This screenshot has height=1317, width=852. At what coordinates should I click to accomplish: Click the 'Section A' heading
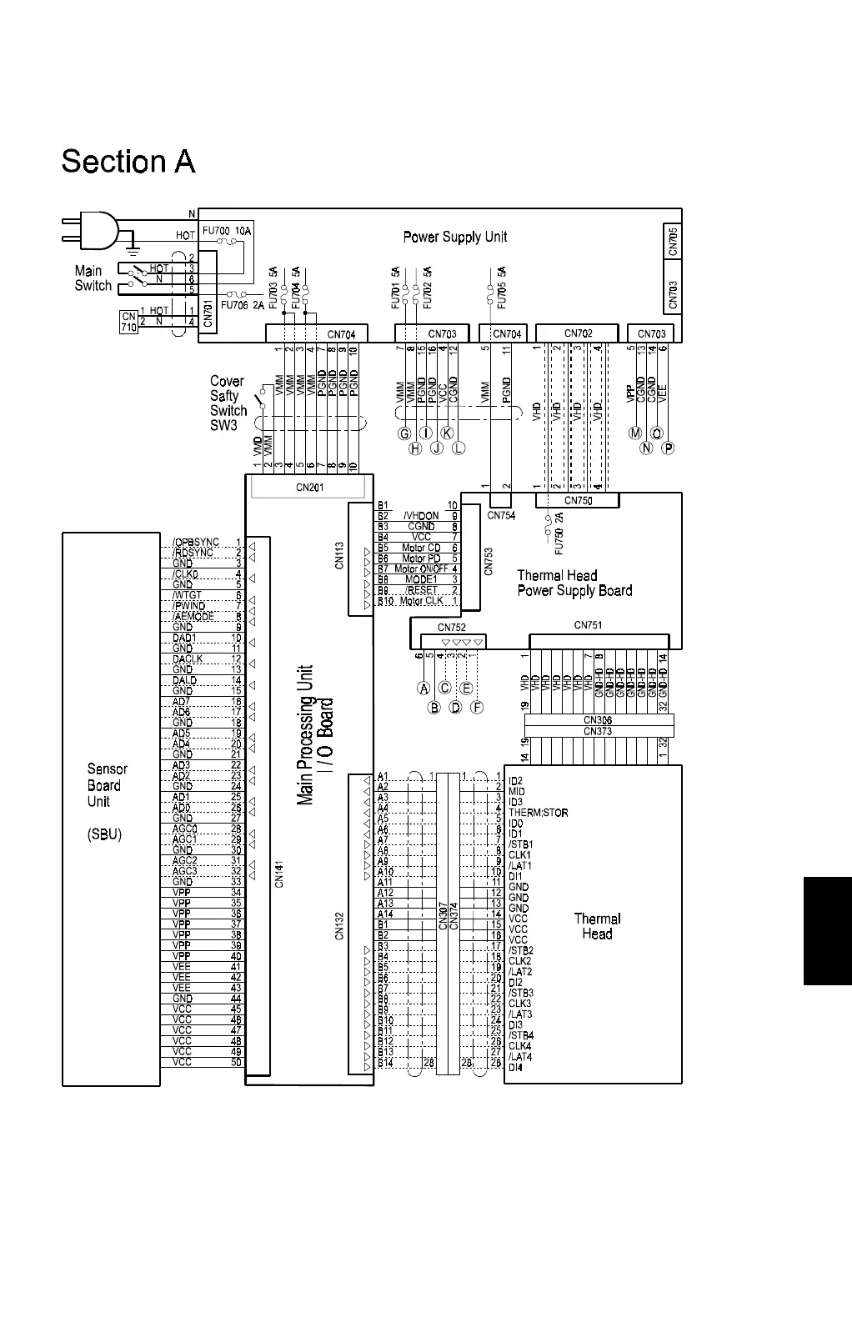(x=128, y=162)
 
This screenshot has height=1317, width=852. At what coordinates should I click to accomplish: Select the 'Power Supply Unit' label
(x=454, y=237)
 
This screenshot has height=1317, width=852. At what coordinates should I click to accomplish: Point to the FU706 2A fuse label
(x=242, y=305)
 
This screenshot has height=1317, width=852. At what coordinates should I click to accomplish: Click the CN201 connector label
(x=309, y=488)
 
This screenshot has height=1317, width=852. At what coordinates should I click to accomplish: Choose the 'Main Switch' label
(x=93, y=278)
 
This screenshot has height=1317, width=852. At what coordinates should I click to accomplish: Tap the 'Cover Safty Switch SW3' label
(x=228, y=403)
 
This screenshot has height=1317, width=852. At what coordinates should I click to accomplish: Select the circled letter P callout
(x=668, y=448)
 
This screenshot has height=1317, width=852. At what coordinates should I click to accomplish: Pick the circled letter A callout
(x=423, y=689)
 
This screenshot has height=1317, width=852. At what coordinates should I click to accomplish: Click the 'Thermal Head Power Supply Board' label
(x=574, y=583)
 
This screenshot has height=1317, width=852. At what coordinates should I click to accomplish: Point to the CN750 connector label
(x=578, y=500)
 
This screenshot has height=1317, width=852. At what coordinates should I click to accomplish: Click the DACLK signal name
(x=187, y=659)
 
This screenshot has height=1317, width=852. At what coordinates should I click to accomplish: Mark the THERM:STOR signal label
(x=538, y=813)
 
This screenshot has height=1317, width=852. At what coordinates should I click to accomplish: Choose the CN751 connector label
(x=588, y=625)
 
